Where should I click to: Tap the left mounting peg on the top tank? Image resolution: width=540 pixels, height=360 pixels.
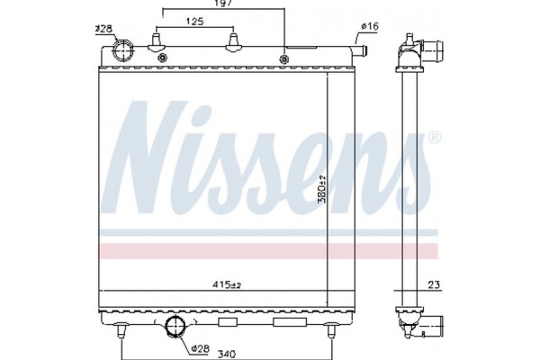(156, 42)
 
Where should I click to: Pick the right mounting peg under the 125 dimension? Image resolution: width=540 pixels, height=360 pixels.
(235, 42)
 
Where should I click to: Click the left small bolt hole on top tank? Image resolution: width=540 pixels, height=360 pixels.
(162, 59)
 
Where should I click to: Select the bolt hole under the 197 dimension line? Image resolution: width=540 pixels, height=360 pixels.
(284, 59)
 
